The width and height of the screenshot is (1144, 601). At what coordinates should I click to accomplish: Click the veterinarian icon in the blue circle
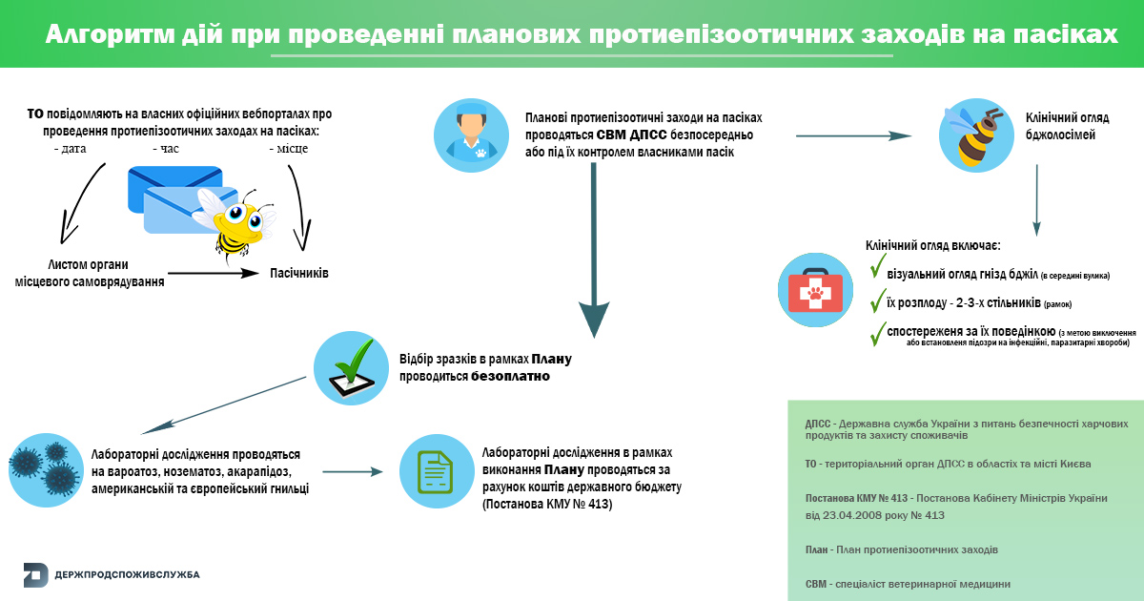[471, 134]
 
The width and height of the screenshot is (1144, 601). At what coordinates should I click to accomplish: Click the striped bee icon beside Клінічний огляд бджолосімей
[974, 135]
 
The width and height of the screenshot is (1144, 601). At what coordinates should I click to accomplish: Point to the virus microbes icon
[44, 466]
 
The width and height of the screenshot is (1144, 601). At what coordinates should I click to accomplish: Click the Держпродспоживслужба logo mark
[35, 574]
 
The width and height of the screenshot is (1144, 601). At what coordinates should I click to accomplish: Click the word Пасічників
[299, 273]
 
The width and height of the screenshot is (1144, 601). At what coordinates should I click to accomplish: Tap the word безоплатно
[510, 377]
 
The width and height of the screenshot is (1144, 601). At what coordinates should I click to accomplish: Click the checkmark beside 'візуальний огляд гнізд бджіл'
[878, 267]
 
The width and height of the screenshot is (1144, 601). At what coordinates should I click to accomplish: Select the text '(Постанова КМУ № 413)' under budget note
[547, 504]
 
